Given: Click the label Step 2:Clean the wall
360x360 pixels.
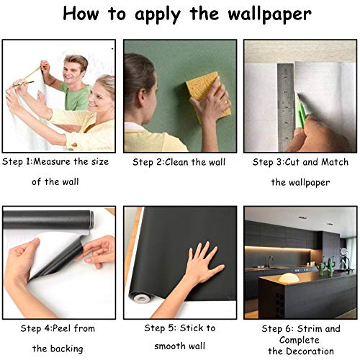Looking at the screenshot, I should (179, 163).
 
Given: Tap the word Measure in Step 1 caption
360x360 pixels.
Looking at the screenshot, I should (54, 162).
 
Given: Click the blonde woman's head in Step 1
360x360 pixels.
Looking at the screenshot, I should (103, 92).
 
